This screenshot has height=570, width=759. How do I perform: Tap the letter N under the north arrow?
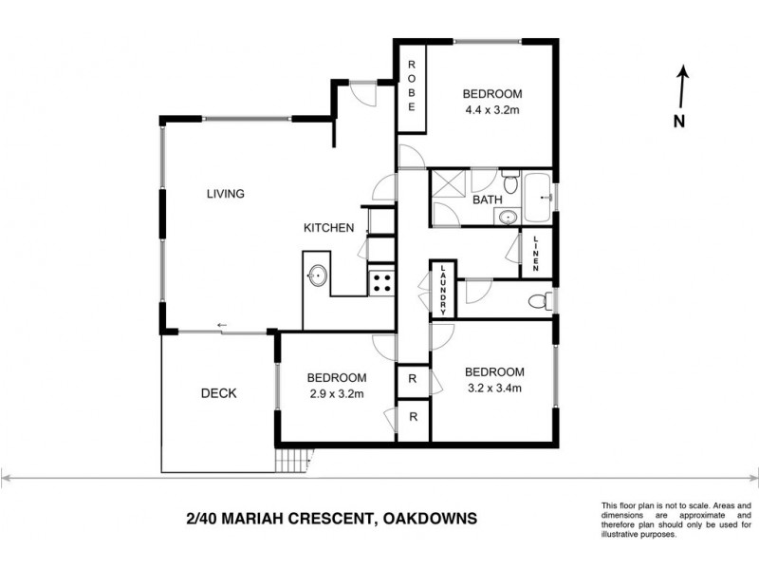click(x=678, y=121)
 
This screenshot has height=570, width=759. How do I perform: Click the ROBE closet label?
click(x=412, y=86)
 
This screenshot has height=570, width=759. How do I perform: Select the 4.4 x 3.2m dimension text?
click(x=492, y=110)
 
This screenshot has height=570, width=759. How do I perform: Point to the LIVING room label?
click(x=226, y=194)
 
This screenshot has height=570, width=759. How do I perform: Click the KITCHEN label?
click(x=328, y=228)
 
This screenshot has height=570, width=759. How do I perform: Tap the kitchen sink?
click(x=317, y=275)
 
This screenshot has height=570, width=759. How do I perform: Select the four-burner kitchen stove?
click(x=381, y=282)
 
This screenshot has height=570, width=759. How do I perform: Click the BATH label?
click(x=487, y=200)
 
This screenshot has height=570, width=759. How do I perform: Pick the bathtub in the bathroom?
click(x=538, y=198)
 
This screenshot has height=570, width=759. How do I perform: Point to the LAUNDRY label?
click(x=442, y=289)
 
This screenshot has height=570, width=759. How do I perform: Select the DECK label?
click(x=218, y=393)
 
